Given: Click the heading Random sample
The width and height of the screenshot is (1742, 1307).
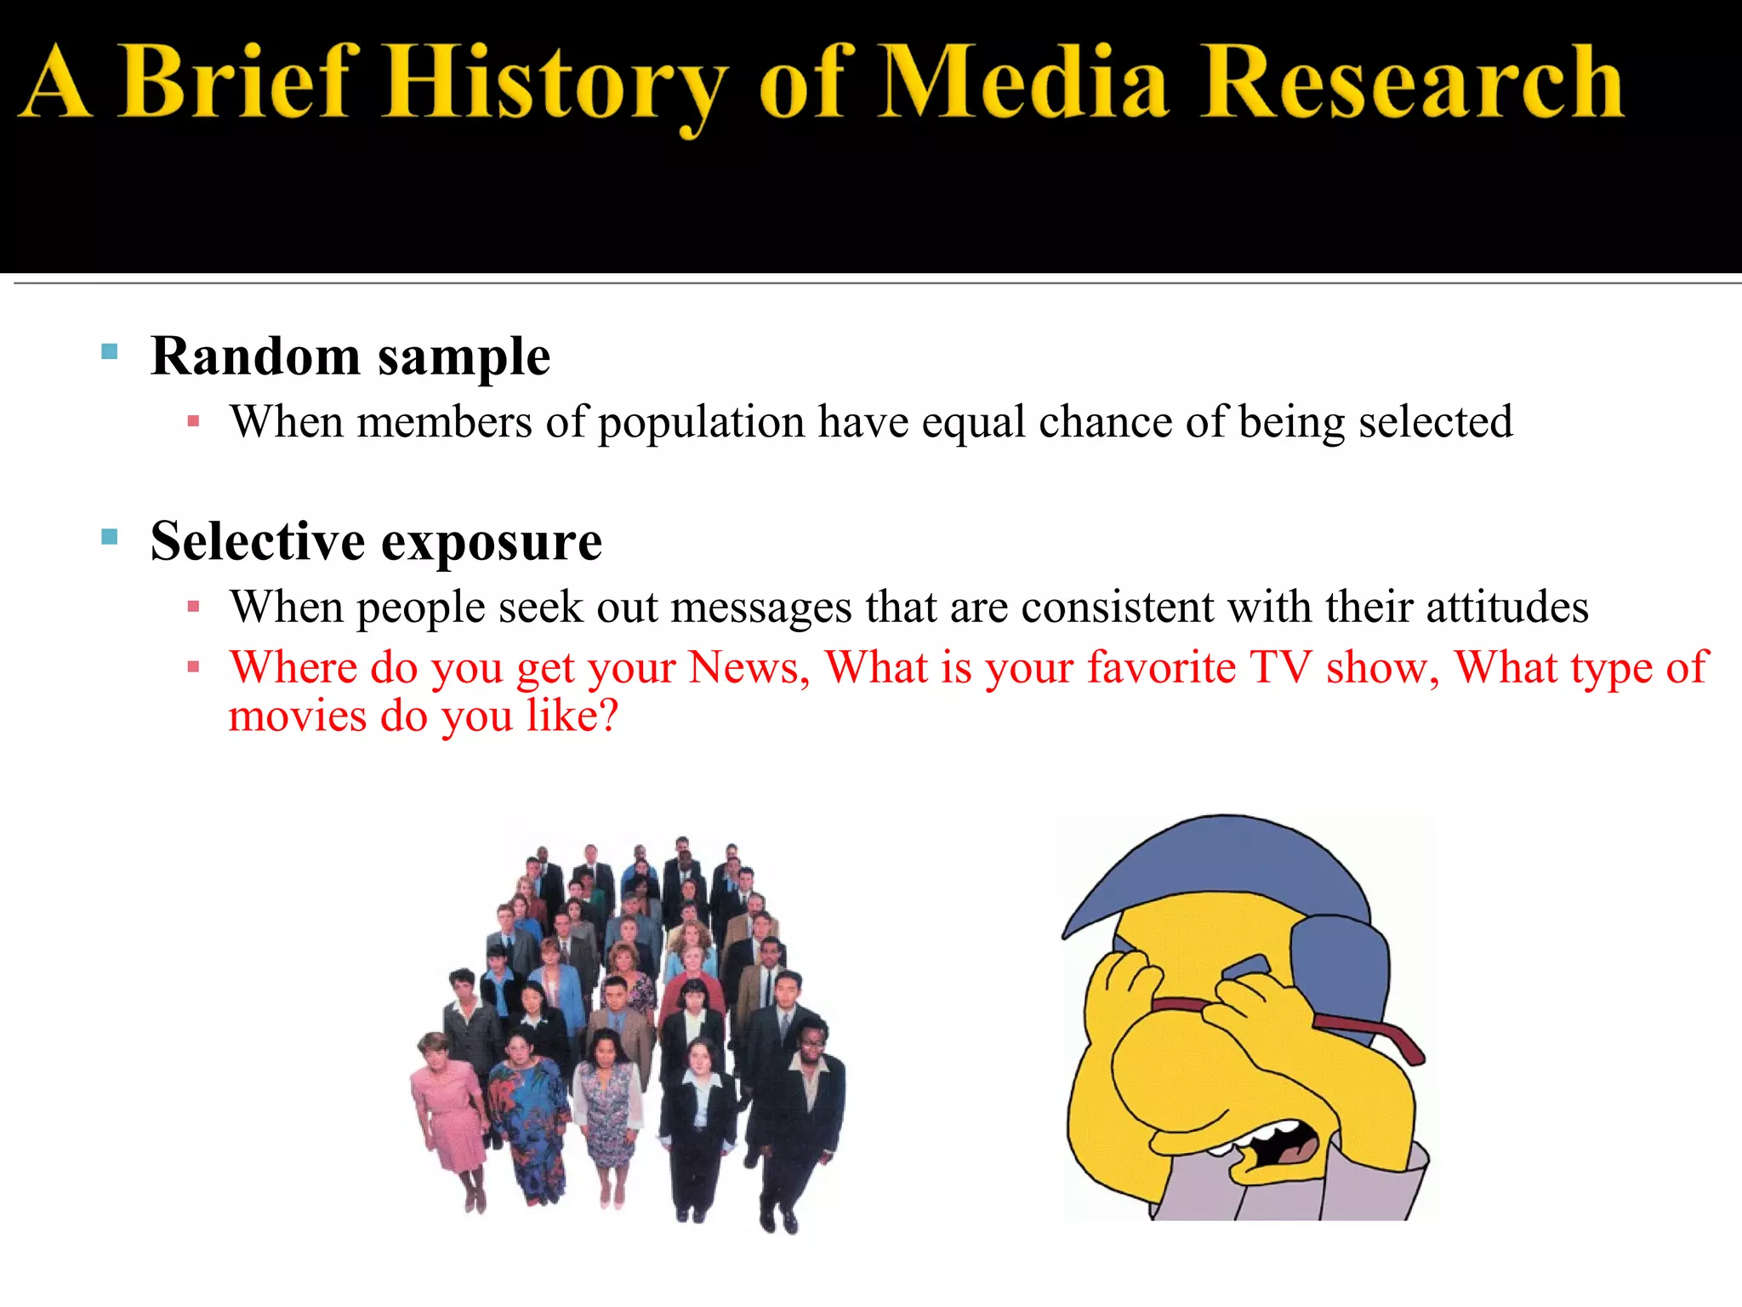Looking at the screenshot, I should point(350,357).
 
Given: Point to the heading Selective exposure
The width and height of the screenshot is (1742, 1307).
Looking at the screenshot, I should point(376,542).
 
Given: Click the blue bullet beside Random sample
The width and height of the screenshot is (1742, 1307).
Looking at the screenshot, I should point(109,351).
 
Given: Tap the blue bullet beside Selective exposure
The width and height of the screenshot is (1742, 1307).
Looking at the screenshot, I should point(109,537).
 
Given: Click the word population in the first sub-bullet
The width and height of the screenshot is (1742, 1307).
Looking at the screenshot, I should point(701,423).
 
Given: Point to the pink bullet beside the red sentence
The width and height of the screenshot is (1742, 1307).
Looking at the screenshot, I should point(194,667).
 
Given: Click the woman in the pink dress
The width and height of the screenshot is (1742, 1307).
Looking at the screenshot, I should point(447,1106).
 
